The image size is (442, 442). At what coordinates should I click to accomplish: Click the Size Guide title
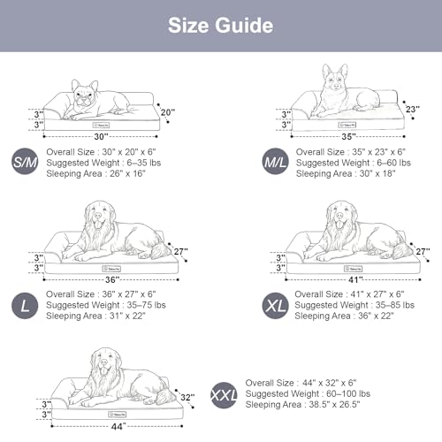[221, 25]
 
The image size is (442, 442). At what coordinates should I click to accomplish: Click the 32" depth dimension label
[186, 398]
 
